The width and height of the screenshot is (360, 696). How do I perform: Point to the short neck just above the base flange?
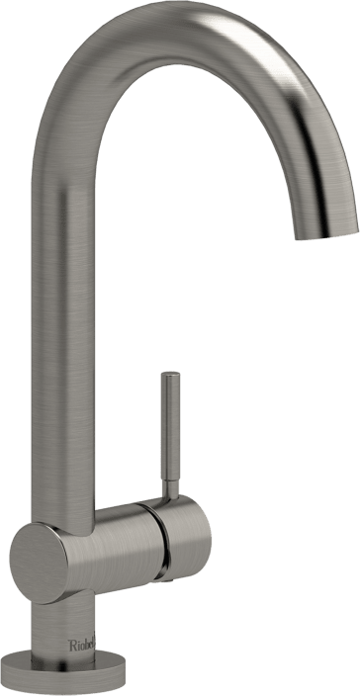coord(59,633)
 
